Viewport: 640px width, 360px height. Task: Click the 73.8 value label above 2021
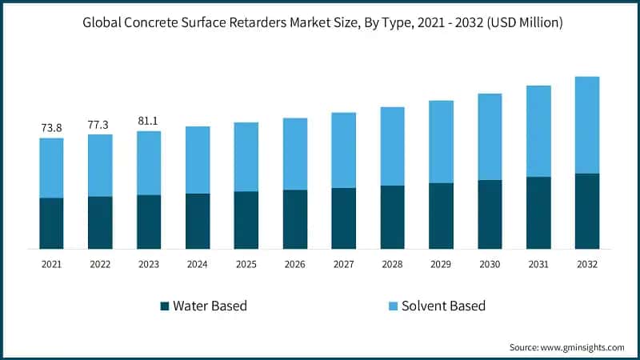coord(51,127)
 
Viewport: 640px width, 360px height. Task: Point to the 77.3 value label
coord(100,124)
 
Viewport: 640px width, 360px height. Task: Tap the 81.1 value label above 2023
coord(149,121)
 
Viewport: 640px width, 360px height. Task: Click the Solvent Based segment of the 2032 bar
coord(587,125)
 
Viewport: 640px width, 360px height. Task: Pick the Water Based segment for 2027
coord(343,218)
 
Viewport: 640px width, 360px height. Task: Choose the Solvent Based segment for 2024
coord(198,160)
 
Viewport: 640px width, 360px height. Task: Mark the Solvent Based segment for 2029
coord(441,142)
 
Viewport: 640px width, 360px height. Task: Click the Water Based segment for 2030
coord(490,214)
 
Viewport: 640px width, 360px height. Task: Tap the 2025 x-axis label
coord(246,263)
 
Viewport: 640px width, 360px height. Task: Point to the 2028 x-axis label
coord(392,263)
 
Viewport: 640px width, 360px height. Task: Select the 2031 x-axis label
coord(538,263)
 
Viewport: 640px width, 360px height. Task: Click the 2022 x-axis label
coord(100,263)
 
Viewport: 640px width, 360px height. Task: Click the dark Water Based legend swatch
coord(165,306)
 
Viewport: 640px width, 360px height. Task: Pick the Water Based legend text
coord(210,306)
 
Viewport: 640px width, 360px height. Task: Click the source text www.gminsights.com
coord(582,347)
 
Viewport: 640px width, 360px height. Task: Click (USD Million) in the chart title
coord(520,23)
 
